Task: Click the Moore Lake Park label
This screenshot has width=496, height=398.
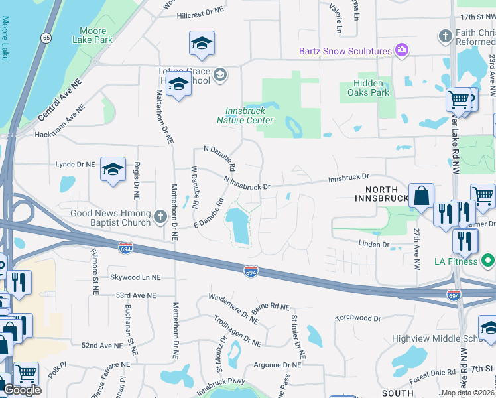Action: pyautogui.click(x=96, y=35)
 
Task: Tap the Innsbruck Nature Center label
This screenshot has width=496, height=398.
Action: pyautogui.click(x=245, y=115)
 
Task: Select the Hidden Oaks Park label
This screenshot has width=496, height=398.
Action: pyautogui.click(x=368, y=88)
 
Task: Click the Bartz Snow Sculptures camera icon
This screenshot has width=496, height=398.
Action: pyautogui.click(x=401, y=51)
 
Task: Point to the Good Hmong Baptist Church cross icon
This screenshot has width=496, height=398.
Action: pyautogui.click(x=160, y=217)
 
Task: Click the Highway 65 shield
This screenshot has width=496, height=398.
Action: pyautogui.click(x=46, y=38)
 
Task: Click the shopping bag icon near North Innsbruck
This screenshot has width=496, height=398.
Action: pyautogui.click(x=421, y=197)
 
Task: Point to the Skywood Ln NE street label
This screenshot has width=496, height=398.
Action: pyautogui.click(x=137, y=277)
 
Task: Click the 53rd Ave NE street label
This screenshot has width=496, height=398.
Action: pyautogui.click(x=135, y=295)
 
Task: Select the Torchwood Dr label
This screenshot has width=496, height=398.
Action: pyautogui.click(x=358, y=318)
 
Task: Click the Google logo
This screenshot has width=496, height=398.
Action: pyautogui.click(x=23, y=390)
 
